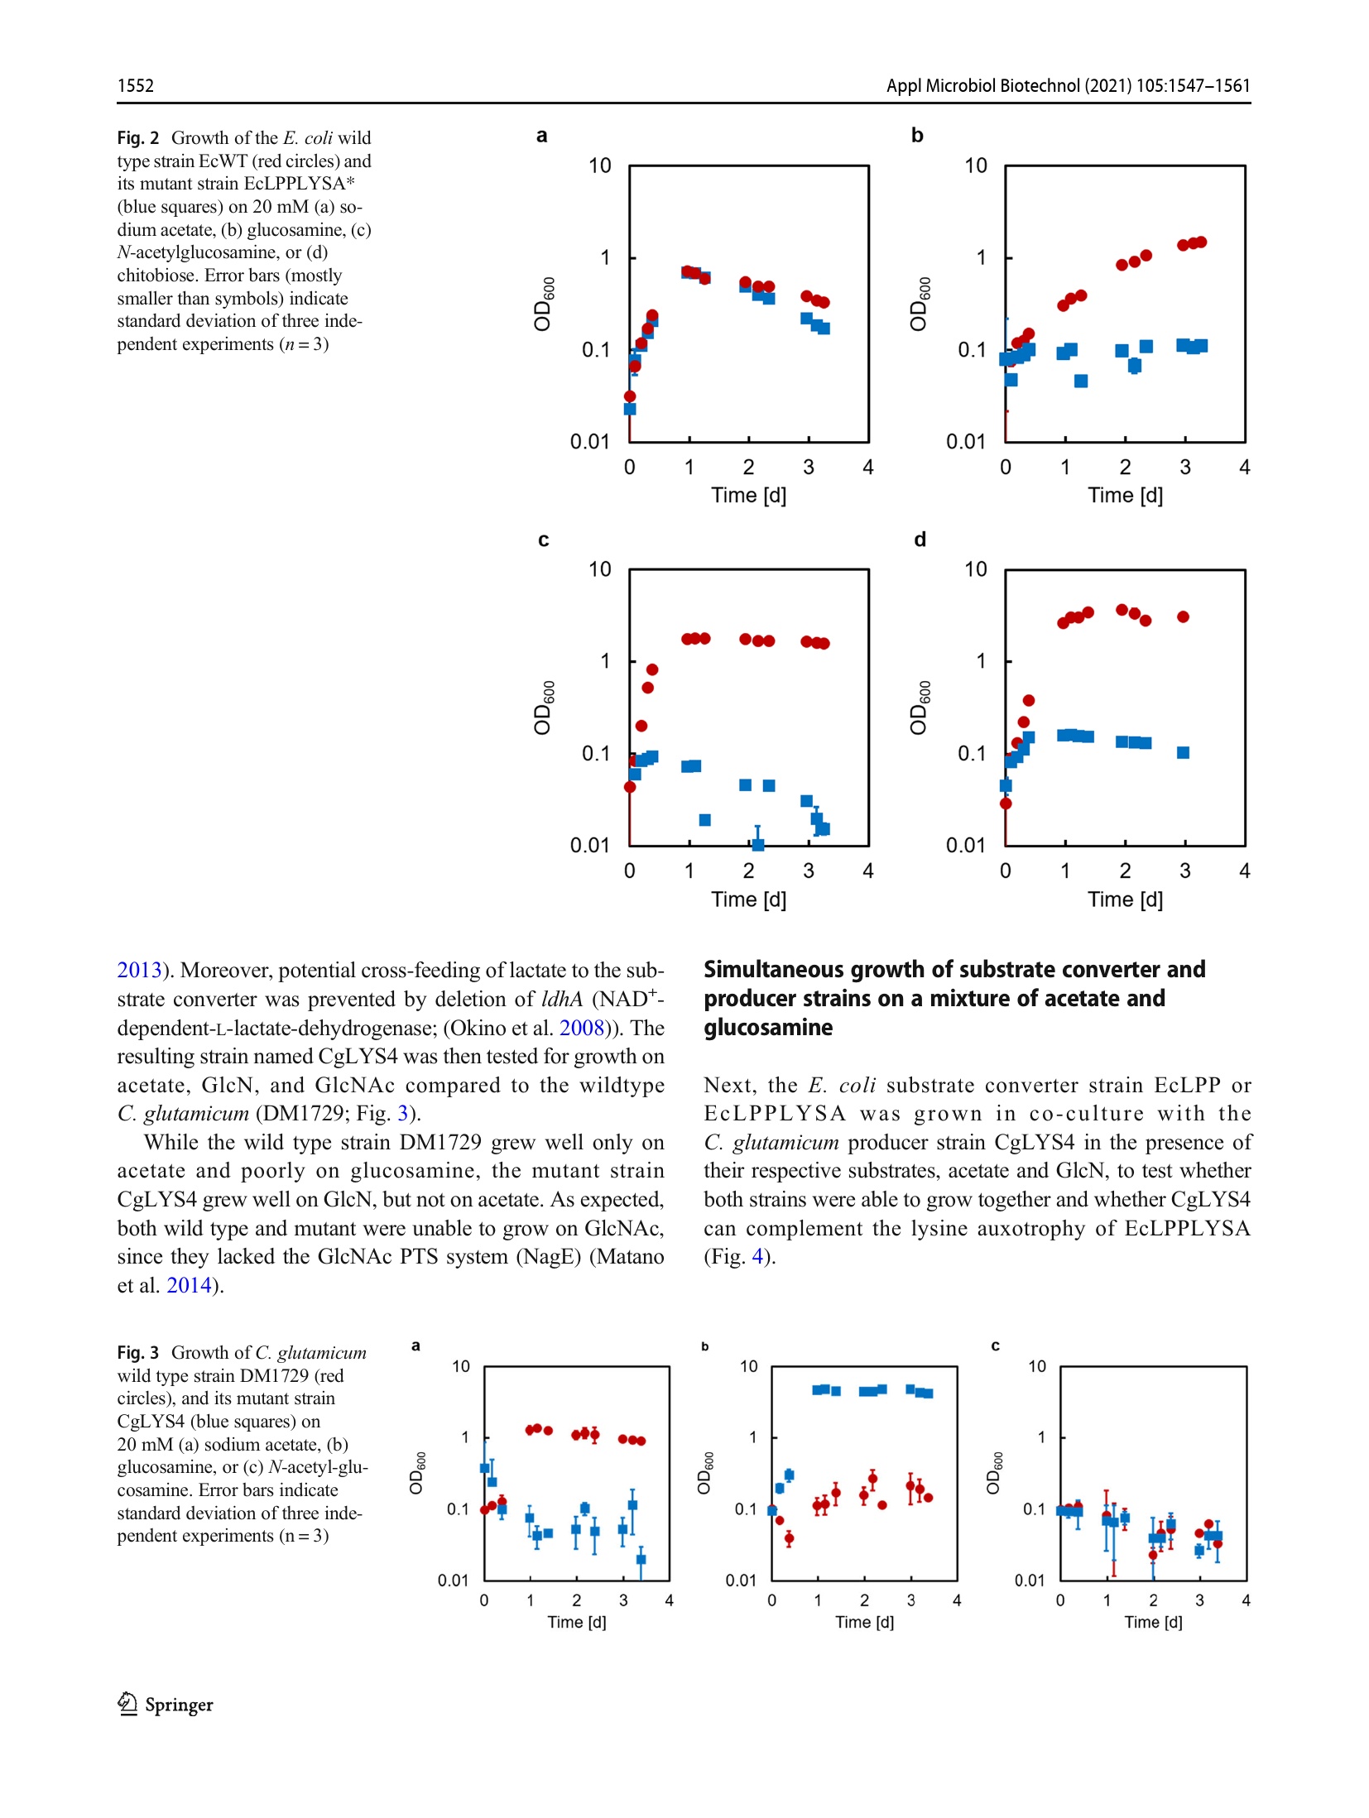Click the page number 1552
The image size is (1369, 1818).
click(x=135, y=85)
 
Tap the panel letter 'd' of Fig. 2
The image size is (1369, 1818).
click(x=919, y=540)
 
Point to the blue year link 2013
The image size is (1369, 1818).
click(x=138, y=970)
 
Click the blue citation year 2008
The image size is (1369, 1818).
click(x=581, y=1028)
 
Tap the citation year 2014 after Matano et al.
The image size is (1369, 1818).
click(x=189, y=1285)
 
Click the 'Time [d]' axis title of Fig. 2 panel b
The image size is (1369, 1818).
click(x=1125, y=495)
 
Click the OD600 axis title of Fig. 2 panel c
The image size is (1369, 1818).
click(x=542, y=708)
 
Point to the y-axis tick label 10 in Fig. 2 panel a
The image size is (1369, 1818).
click(x=599, y=165)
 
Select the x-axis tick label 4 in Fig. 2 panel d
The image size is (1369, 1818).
click(x=1244, y=871)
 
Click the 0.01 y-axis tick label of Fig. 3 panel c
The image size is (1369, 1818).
click(x=1030, y=1581)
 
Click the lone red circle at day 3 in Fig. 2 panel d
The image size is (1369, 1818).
click(x=1183, y=616)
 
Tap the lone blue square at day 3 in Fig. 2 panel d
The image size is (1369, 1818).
click(x=1183, y=752)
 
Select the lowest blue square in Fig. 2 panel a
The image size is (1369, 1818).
click(x=630, y=409)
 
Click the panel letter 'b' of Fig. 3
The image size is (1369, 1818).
click(x=704, y=1346)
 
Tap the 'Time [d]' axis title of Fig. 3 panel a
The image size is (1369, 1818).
click(x=576, y=1622)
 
